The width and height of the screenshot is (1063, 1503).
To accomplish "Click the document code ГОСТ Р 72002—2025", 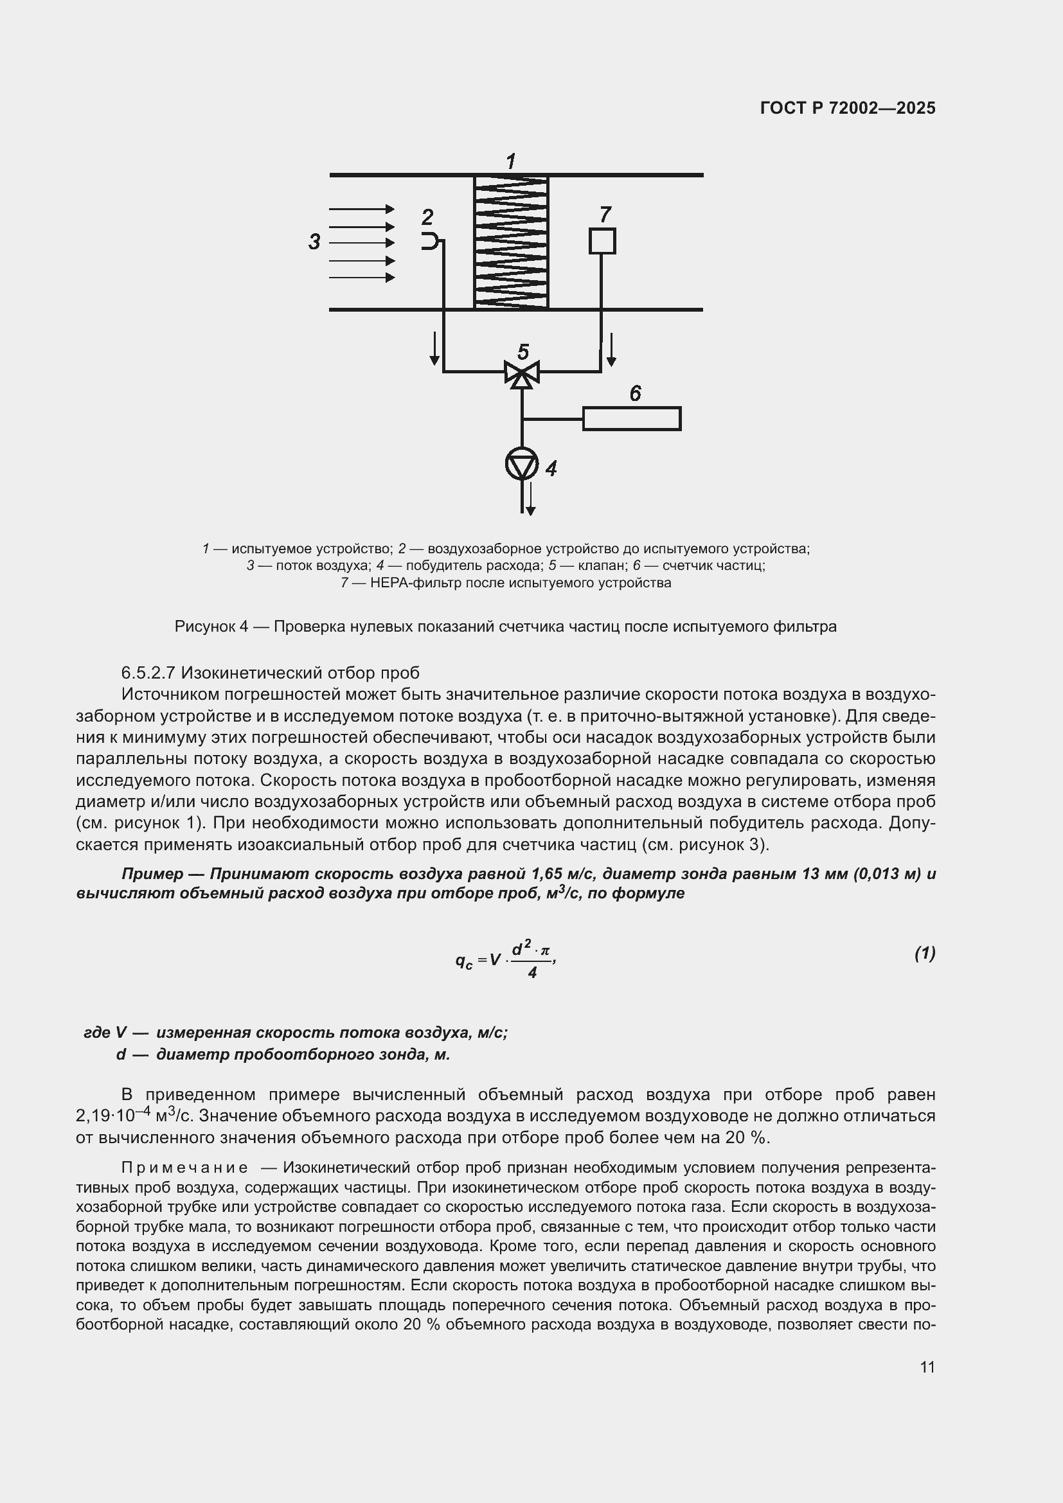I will pos(848,108).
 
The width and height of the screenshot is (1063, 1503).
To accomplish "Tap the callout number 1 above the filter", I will pos(511,161).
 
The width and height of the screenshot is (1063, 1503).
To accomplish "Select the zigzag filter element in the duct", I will pos(511,242).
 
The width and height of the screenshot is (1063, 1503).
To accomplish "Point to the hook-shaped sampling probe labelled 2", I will pos(429,241).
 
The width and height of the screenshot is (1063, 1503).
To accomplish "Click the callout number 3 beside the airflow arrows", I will pos(314,242).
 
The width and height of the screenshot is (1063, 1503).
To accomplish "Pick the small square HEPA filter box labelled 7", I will pos(602,241).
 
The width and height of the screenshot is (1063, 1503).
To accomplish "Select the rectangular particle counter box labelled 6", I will pos(632,418).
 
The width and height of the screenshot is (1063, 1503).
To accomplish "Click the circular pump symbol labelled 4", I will pos(522,464).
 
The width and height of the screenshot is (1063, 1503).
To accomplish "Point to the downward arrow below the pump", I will pos(531,500).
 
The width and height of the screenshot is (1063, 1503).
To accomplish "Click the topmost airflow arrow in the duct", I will pos(362,209).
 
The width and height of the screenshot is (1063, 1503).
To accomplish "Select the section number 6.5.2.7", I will pos(148,672).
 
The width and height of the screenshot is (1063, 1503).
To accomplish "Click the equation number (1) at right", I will pos(924,954).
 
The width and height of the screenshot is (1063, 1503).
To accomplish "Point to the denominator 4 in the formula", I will pos(532,973).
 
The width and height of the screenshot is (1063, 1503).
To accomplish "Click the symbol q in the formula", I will pos(461,959).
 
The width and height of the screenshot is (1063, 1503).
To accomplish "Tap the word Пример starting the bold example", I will pos(152,874).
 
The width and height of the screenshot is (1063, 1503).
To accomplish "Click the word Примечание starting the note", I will pos(184,1168).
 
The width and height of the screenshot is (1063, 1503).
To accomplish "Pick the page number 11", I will pos(927,1367).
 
